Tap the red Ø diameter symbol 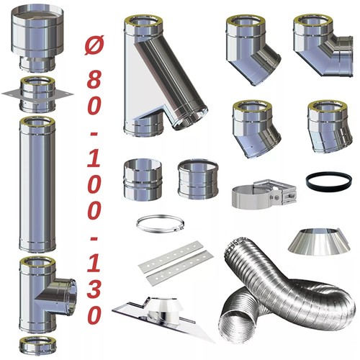coord(94,45)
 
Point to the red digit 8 coord(94,79)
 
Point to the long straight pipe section coord(37,185)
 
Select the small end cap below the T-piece coord(37,347)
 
